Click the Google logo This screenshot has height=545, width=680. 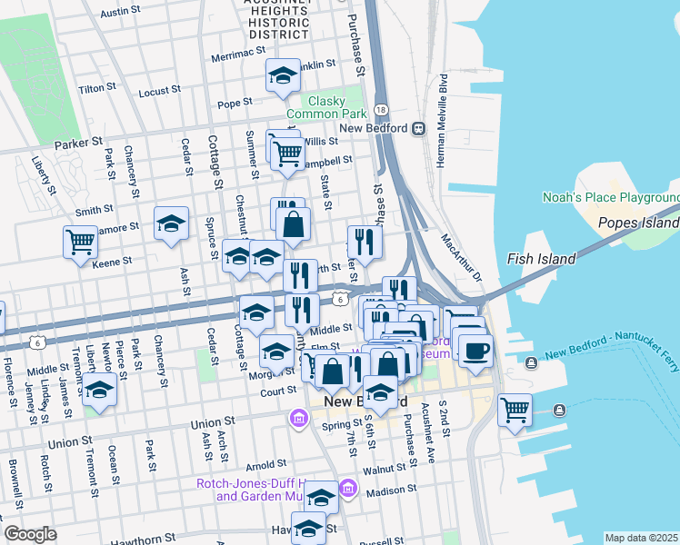point(31,534)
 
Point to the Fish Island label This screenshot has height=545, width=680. point(541,259)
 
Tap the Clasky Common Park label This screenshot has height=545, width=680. point(326,107)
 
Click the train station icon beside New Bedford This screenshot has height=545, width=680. point(418,128)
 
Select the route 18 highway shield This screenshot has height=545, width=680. point(381,109)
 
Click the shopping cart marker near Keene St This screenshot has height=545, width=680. point(80,242)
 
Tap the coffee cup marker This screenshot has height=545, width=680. point(475,350)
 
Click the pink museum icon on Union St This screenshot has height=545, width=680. point(297,418)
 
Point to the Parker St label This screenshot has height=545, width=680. point(78,144)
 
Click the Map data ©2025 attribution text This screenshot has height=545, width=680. point(642,538)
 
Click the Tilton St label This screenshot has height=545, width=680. point(94,89)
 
